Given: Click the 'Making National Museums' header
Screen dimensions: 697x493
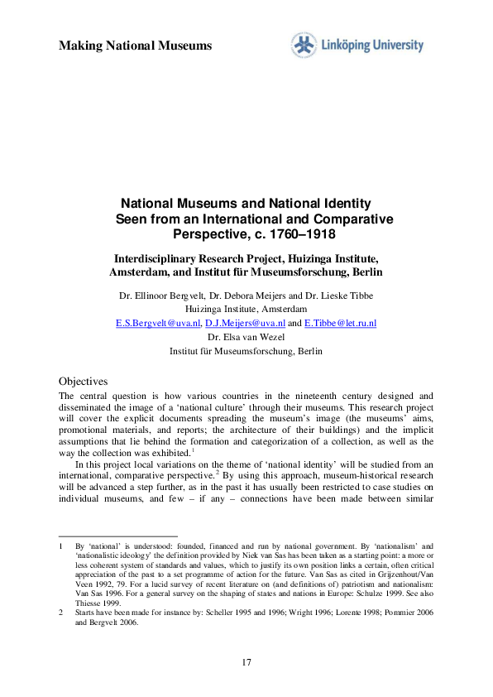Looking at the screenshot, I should [x=135, y=45].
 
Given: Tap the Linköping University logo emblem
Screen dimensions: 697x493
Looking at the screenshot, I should [x=303, y=46].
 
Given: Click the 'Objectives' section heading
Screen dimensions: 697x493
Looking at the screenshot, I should [x=84, y=381].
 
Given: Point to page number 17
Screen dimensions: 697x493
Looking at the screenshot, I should [x=247, y=661].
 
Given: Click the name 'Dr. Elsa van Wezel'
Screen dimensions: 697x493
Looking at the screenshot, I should [x=246, y=337].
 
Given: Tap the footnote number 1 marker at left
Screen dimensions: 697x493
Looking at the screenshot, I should [x=60, y=546].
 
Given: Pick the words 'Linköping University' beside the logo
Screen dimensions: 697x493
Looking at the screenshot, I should [x=372, y=46].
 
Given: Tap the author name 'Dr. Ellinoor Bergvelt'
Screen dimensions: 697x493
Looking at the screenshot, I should [x=166, y=295].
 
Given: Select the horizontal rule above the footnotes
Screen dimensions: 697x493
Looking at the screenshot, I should [x=117, y=536].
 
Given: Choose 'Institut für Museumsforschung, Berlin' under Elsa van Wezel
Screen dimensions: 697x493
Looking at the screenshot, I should [x=246, y=351].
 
